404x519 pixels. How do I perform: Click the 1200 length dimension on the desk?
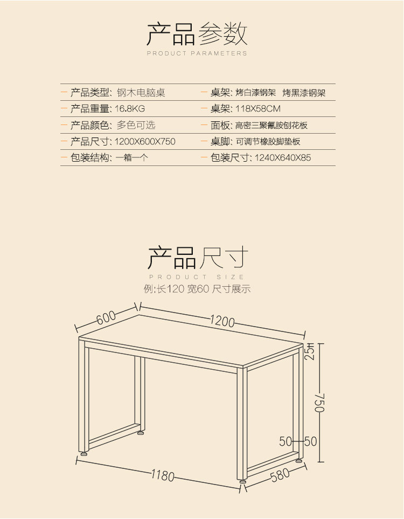coord(222,322)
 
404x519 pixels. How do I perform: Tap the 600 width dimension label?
coord(107,318)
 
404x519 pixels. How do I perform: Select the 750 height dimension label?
coord(319,402)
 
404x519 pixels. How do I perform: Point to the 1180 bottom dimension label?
coord(162,475)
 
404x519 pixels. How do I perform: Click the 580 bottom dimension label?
coord(280,475)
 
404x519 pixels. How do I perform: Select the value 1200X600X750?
coord(146,142)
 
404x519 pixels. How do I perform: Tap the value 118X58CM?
coord(258,109)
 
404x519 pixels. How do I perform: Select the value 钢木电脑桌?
coord(141,93)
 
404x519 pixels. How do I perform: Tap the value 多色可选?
coord(136,125)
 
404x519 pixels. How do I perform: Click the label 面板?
coord(221,125)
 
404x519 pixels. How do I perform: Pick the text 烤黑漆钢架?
coord(304,93)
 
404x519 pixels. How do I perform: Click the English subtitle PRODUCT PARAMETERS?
coord(197,53)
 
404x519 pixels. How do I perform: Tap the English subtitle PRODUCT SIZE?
coord(197,277)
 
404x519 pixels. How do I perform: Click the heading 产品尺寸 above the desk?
coord(198,258)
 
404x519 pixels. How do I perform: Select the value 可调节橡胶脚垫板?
coord(268,142)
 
